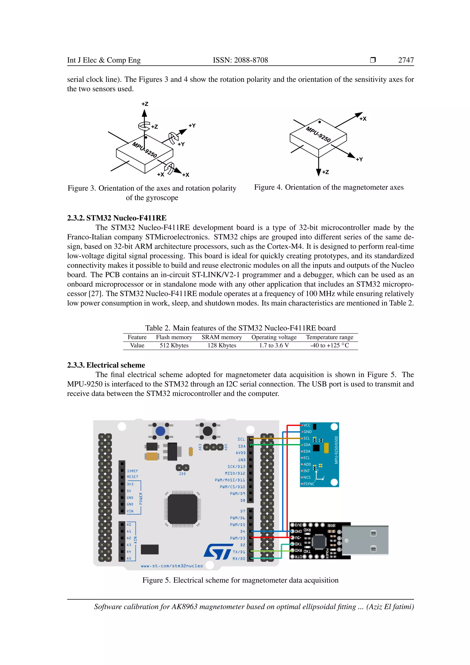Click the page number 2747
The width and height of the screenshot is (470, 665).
point(406,60)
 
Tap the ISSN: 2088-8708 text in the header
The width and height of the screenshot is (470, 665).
point(240,60)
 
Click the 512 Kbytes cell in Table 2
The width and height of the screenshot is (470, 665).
point(174,345)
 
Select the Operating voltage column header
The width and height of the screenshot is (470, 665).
point(274,337)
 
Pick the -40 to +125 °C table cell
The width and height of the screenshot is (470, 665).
point(329,345)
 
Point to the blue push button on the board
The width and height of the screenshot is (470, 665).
point(160,431)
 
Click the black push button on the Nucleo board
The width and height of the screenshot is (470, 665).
point(207,431)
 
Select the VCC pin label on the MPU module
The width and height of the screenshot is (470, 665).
point(307,425)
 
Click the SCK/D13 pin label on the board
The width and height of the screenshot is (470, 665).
point(236,467)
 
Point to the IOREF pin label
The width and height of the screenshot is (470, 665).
point(133,471)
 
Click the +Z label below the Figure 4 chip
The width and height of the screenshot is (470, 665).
point(326,172)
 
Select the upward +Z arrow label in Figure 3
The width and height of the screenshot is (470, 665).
point(145,104)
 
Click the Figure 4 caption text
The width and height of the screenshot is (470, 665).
point(329,187)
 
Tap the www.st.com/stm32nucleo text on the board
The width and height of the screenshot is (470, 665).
point(172,566)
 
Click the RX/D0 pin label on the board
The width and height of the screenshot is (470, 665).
point(239,559)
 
